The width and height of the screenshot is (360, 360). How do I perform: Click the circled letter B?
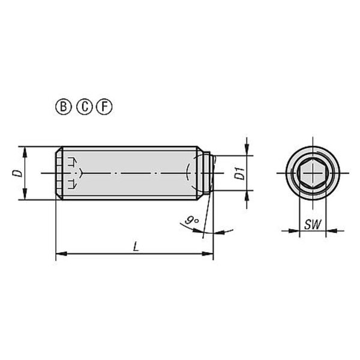(x=64, y=107)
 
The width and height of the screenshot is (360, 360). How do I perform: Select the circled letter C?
(x=84, y=107)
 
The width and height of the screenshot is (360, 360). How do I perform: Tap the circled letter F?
(x=104, y=107)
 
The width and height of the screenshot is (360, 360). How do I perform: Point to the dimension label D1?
(x=239, y=173)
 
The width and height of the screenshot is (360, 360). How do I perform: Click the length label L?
(x=136, y=247)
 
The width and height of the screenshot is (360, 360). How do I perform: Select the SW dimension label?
(x=313, y=224)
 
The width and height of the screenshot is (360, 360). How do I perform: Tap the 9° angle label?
(x=192, y=221)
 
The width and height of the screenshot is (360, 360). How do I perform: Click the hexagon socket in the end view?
(x=313, y=173)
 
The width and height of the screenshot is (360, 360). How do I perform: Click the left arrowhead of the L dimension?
(x=61, y=254)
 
